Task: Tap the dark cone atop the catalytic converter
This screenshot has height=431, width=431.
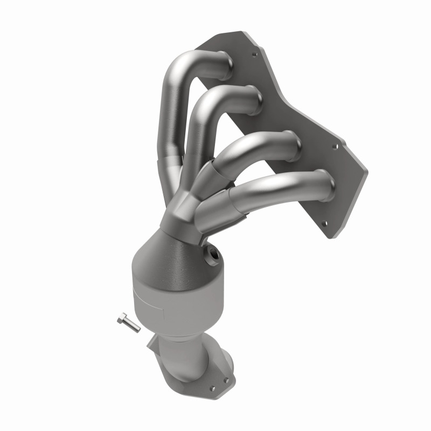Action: tap(178, 253)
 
